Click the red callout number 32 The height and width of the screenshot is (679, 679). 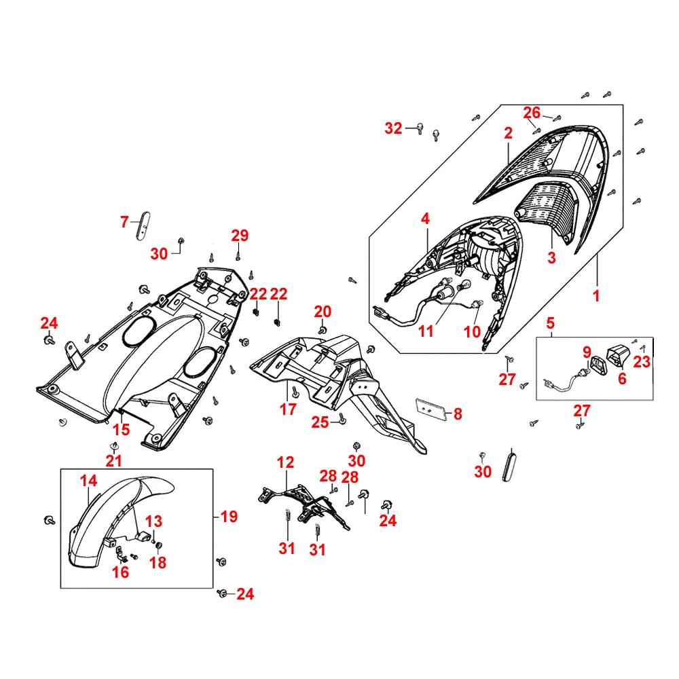pyautogui.click(x=393, y=128)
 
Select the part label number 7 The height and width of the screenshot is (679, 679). pyautogui.click(x=124, y=222)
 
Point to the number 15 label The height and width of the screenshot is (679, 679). pyautogui.click(x=122, y=429)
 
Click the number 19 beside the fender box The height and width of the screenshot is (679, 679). pyautogui.click(x=229, y=516)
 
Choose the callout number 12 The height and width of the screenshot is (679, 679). pyautogui.click(x=285, y=462)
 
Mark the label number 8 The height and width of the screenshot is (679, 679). pyautogui.click(x=458, y=414)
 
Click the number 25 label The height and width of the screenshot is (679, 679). pyautogui.click(x=320, y=422)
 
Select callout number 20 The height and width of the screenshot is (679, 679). pyautogui.click(x=323, y=312)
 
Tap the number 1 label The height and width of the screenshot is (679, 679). pyautogui.click(x=596, y=296)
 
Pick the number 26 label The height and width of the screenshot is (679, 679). pyautogui.click(x=532, y=113)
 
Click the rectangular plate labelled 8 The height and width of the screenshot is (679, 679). pyautogui.click(x=431, y=409)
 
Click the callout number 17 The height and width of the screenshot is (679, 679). pyautogui.click(x=288, y=409)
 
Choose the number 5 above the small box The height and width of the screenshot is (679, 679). pyautogui.click(x=551, y=323)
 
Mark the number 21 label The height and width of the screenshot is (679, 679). pyautogui.click(x=114, y=460)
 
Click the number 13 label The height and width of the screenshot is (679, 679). pyautogui.click(x=153, y=521)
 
